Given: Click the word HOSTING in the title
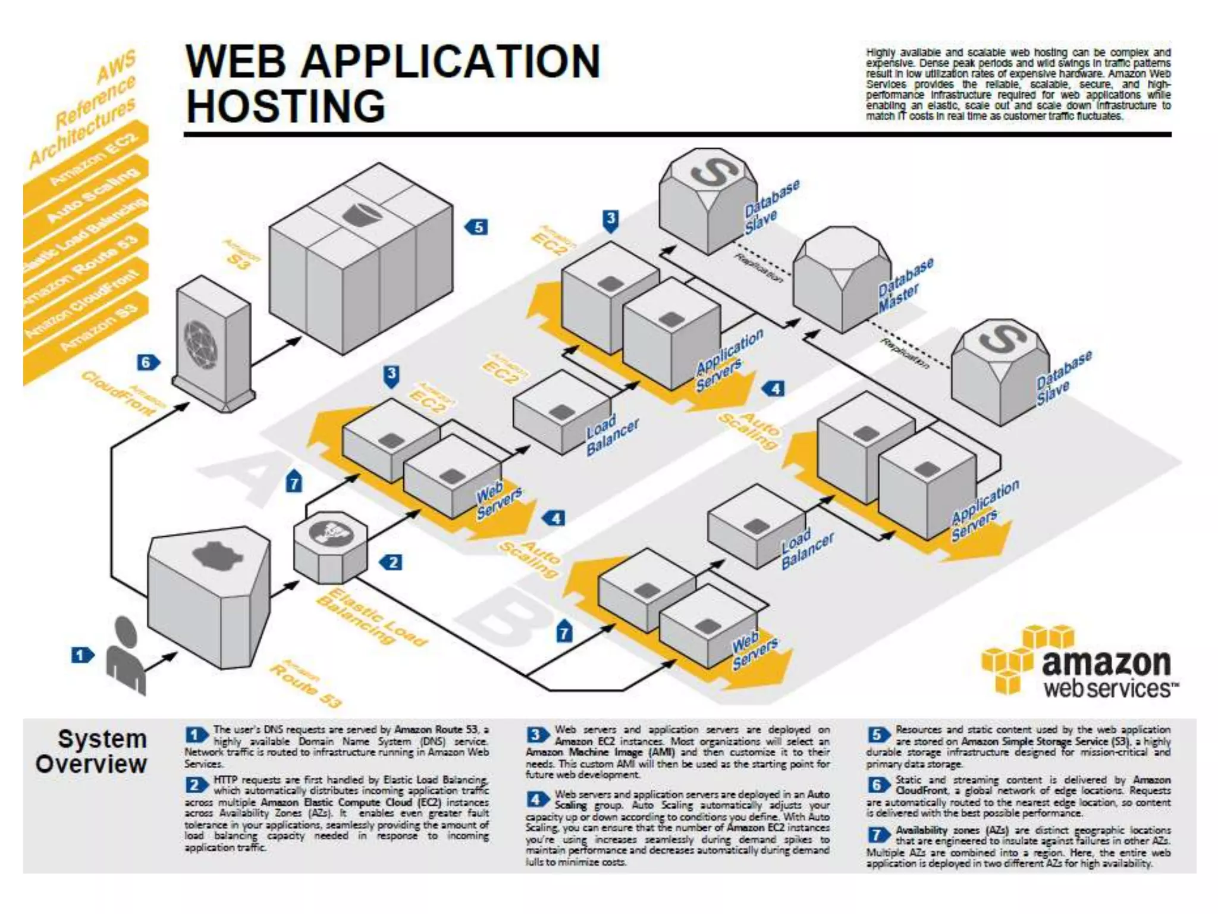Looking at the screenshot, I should (x=286, y=107).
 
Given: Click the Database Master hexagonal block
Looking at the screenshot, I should (x=842, y=280).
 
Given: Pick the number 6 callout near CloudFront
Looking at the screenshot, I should (x=147, y=362).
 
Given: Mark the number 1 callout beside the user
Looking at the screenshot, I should (x=82, y=656).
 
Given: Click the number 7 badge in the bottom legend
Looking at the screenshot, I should (x=877, y=835).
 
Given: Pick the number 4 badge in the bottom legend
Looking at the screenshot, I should (x=536, y=799).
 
